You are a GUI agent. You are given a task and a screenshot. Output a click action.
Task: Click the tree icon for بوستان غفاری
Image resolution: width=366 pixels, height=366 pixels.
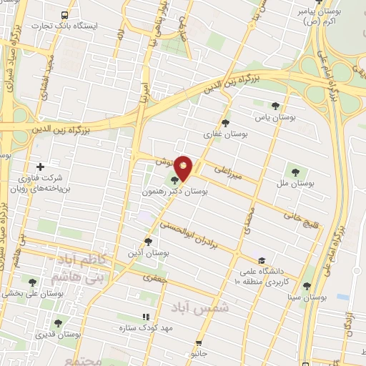tap(226, 122)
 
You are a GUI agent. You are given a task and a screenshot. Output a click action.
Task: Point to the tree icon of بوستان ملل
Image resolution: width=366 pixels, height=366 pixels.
tap(295, 171)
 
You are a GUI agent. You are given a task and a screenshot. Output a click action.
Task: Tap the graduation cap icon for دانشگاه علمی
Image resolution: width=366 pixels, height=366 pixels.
tap(262, 260)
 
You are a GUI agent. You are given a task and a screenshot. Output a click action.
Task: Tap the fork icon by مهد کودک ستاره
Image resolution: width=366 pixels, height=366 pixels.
tap(146, 316)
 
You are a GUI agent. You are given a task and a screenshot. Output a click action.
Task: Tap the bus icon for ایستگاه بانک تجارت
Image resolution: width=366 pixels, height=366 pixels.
tap(66, 15)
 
